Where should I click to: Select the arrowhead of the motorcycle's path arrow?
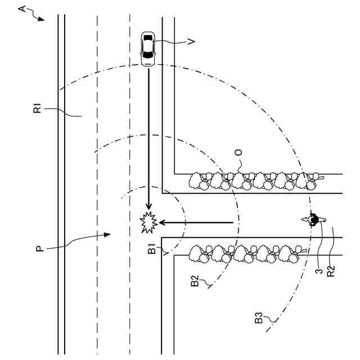click(x=162, y=223)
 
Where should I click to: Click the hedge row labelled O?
click(x=253, y=180)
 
